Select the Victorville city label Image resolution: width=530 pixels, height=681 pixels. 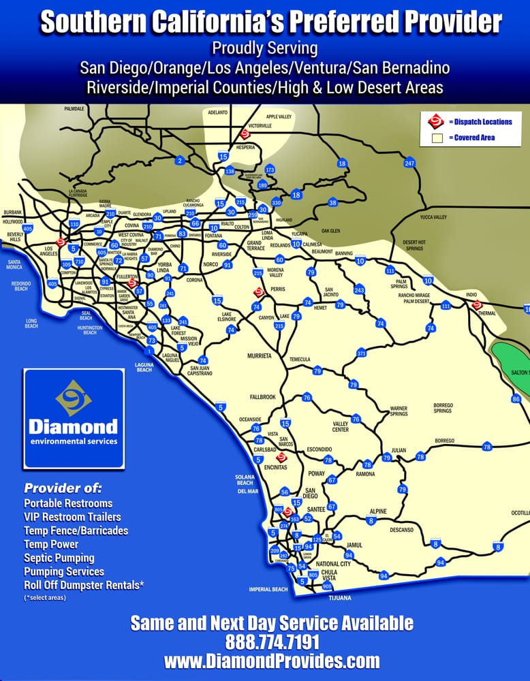260,126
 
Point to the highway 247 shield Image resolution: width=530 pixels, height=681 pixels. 409,163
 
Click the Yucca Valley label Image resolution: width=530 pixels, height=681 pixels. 433,217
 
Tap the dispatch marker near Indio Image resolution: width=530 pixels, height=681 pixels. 477,304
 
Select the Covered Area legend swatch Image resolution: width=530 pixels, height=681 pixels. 437,138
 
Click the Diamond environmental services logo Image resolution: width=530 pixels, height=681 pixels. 74,418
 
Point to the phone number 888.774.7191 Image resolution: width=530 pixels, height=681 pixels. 272,642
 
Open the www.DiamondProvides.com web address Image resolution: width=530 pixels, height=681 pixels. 272,661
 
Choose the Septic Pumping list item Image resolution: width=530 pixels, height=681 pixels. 58,558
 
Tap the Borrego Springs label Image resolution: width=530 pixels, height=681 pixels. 443,409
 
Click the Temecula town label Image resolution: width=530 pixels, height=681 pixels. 300,360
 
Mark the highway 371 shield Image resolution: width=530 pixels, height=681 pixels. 362,353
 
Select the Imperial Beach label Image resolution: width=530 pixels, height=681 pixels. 268,589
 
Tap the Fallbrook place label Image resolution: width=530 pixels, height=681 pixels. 262,396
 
